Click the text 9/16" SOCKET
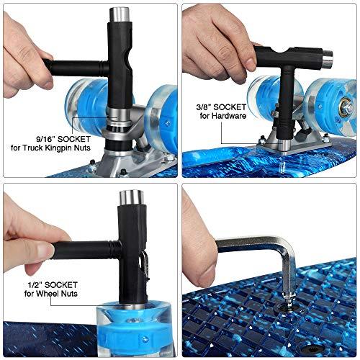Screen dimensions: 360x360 [63, 139]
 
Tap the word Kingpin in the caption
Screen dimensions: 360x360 [62, 148]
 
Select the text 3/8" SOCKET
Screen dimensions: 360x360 [221, 107]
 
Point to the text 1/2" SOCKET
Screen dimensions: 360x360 [53, 285]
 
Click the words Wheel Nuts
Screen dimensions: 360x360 [57, 294]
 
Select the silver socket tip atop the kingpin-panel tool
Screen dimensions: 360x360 [120, 15]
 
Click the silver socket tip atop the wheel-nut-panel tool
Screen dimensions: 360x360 [132, 198]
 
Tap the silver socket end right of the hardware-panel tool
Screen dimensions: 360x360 [327, 58]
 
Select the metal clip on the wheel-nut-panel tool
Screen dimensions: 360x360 [145, 266]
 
